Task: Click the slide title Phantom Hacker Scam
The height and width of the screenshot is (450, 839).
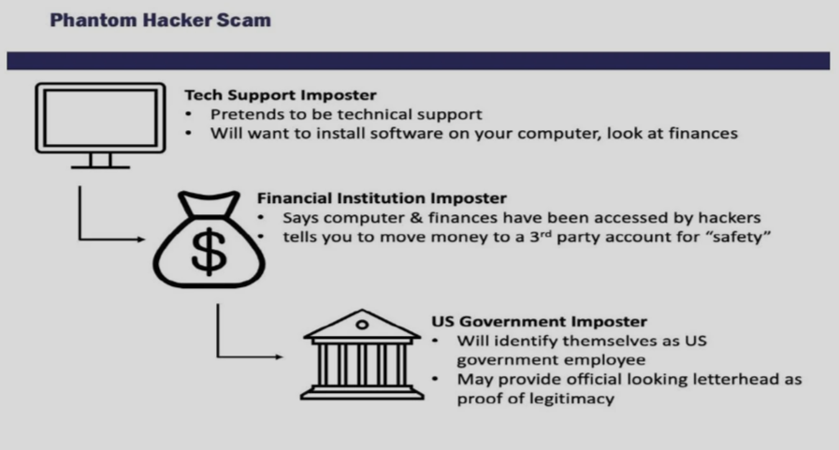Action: (x=161, y=21)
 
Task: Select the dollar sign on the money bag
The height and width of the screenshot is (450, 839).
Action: (x=209, y=252)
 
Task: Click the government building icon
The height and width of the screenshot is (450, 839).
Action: (x=362, y=355)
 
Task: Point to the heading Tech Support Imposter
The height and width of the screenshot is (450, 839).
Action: (x=281, y=95)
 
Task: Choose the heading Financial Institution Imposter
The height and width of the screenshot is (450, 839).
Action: (x=382, y=198)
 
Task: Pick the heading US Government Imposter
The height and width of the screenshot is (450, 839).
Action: (x=540, y=322)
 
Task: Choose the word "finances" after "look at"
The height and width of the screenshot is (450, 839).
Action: (x=703, y=133)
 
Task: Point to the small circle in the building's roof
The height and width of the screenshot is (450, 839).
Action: (x=362, y=325)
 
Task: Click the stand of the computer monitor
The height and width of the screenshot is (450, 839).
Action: (x=101, y=161)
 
